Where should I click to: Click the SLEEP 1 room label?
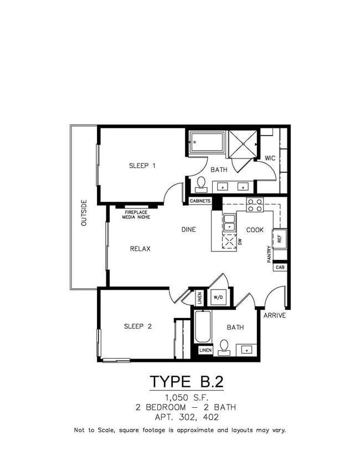pyautogui.click(x=142, y=166)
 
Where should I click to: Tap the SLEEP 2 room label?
pyautogui.click(x=137, y=326)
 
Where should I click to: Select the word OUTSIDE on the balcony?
pyautogui.click(x=84, y=213)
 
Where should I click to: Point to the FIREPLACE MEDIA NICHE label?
pyautogui.click(x=136, y=214)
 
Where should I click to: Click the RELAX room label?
pyautogui.click(x=140, y=249)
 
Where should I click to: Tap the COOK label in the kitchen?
pyautogui.click(x=255, y=229)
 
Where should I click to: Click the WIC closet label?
pyautogui.click(x=270, y=158)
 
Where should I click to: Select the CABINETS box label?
pyautogui.click(x=200, y=201)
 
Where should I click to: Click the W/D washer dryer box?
pyautogui.click(x=218, y=298)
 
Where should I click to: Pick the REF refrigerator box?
pyautogui.click(x=280, y=239)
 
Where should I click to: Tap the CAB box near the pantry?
pyautogui.click(x=280, y=267)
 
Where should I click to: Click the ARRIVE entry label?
pyautogui.click(x=274, y=315)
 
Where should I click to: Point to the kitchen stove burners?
pyautogui.click(x=255, y=205)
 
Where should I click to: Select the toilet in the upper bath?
pyautogui.click(x=201, y=183)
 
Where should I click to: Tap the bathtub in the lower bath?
pyautogui.click(x=202, y=327)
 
